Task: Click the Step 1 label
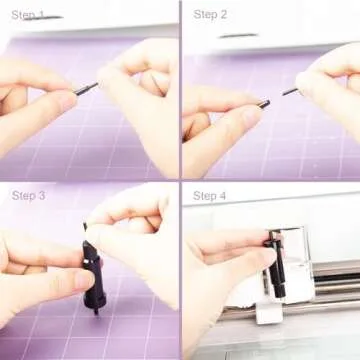coord(28,15)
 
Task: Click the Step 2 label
coord(210,14)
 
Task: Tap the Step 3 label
coord(28,195)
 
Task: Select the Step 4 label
coord(210,195)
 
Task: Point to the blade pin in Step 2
coord(289,91)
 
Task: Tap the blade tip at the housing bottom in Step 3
coord(96,309)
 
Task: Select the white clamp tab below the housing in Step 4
coord(268,313)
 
